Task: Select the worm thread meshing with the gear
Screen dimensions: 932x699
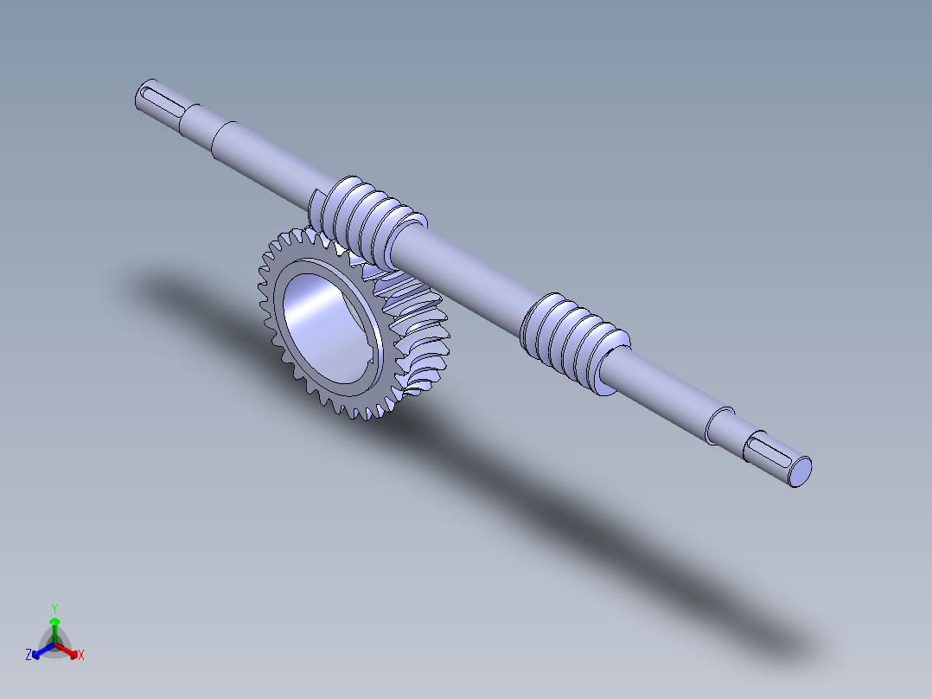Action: coord(366,220)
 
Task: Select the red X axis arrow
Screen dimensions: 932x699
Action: coord(67,651)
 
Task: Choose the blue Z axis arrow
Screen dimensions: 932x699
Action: coord(43,651)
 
